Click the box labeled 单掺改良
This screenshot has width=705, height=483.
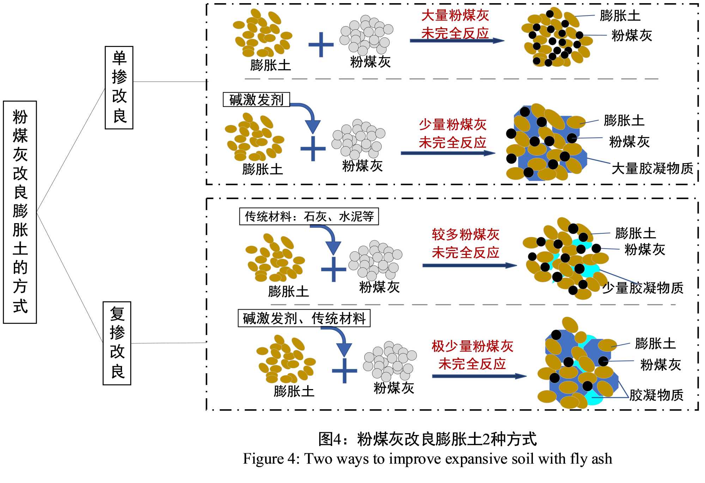[119, 88]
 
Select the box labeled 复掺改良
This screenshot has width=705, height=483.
[117, 343]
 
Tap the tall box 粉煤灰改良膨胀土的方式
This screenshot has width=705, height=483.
[20, 212]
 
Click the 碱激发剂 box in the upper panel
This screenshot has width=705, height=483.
[256, 100]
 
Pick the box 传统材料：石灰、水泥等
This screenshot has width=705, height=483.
[309, 216]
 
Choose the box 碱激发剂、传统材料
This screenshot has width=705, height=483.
[304, 318]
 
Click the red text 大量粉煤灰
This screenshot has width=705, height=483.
[455, 16]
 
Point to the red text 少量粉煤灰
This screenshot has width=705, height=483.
[452, 125]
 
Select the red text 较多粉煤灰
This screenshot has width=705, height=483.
[466, 234]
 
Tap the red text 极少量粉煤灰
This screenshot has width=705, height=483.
[472, 346]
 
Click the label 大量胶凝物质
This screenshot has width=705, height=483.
[652, 168]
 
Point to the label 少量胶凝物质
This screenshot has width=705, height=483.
[643, 288]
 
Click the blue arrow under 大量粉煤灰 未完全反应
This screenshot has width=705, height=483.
[457, 41]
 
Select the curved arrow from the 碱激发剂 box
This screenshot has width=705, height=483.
[309, 115]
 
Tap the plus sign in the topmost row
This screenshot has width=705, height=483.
[321, 44]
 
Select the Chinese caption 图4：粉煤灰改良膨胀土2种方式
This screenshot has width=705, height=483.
[427, 439]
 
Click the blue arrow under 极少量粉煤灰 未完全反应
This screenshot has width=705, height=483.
[479, 376]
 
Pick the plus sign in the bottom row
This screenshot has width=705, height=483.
[345, 371]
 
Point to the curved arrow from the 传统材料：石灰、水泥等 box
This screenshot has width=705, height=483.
[329, 237]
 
